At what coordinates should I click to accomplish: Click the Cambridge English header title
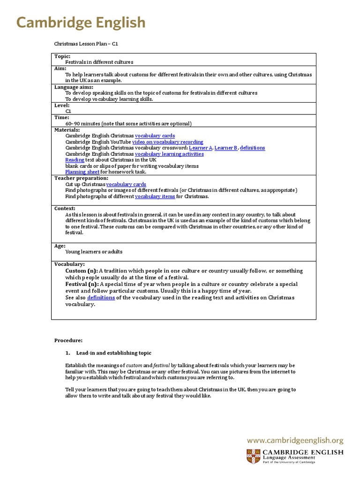81,22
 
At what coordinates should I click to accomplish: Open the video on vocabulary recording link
167,142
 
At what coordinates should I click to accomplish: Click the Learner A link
201,148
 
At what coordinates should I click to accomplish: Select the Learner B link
226,148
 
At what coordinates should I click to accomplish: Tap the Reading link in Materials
75,160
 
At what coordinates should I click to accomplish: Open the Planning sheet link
82,172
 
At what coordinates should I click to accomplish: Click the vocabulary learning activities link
169,154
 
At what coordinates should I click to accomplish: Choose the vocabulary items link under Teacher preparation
155,196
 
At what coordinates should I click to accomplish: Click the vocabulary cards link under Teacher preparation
126,185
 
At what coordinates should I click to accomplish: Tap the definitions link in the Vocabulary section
101,298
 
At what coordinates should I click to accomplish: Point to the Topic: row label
62,56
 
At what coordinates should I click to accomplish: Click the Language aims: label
74,87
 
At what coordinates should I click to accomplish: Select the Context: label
65,209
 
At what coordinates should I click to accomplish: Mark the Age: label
60,246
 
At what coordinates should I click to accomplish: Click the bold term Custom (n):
82,271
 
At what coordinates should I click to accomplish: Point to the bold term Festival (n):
82,284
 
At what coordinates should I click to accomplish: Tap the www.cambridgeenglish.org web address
295,441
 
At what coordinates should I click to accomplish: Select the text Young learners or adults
94,252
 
